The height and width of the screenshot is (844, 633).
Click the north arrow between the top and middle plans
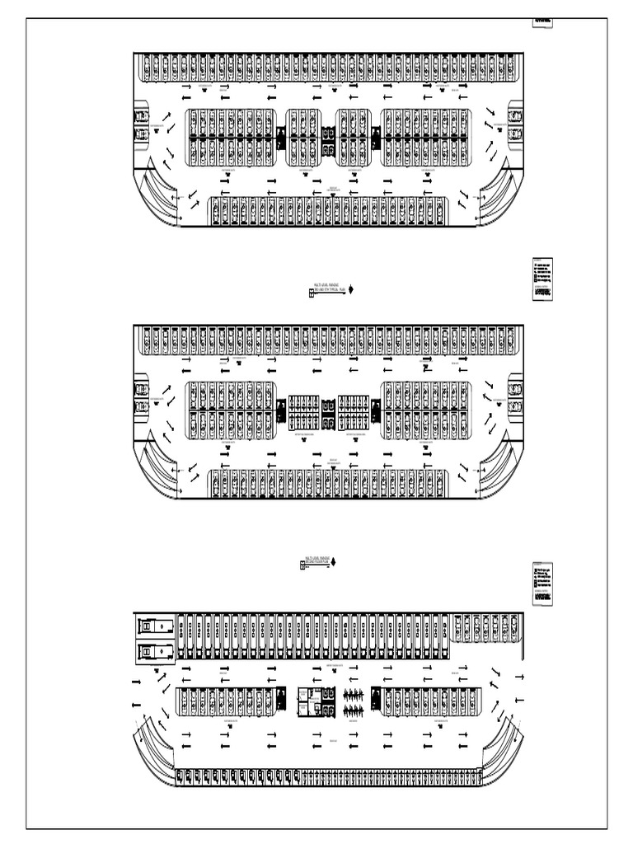pyautogui.click(x=352, y=289)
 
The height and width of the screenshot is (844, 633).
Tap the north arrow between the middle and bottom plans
pyautogui.click(x=333, y=562)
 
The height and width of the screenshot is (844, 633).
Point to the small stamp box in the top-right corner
pyautogui.click(x=543, y=21)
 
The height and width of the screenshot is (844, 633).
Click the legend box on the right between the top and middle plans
pyautogui.click(x=543, y=280)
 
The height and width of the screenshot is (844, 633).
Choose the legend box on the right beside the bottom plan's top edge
pyautogui.click(x=543, y=584)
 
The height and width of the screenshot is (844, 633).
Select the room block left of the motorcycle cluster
pyautogui.click(x=312, y=701)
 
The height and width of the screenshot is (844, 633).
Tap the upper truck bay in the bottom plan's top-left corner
pyautogui.click(x=155, y=626)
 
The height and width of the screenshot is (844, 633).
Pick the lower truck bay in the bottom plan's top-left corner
pyautogui.click(x=155, y=652)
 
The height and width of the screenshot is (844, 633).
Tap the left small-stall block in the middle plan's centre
pyautogui.click(x=303, y=412)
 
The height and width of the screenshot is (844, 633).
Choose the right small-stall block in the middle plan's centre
pyautogui.click(x=354, y=412)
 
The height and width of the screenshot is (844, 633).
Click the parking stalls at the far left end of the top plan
pyautogui.click(x=141, y=124)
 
